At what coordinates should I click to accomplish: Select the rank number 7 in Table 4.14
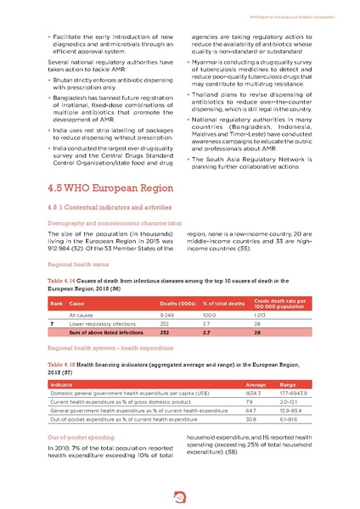tap(53, 324)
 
